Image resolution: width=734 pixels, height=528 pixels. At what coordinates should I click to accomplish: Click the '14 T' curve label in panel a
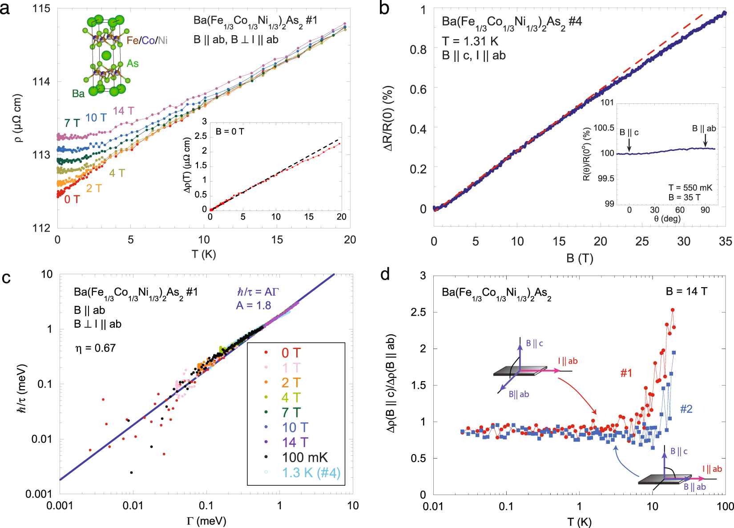(123, 111)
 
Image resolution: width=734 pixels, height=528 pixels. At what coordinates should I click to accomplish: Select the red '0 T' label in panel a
(72, 199)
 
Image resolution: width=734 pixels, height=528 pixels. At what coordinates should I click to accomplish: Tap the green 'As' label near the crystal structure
(133, 64)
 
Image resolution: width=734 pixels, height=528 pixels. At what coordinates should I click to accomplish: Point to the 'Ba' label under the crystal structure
(78, 93)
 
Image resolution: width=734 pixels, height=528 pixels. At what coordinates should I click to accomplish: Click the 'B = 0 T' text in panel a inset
(230, 131)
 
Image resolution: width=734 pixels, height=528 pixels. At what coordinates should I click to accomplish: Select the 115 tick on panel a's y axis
(41, 8)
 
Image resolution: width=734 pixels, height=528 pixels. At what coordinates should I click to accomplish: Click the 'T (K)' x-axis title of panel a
(204, 254)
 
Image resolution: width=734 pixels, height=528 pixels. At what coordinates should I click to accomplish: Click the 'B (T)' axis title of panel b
(580, 258)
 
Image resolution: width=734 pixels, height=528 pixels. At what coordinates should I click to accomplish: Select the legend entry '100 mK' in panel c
(304, 457)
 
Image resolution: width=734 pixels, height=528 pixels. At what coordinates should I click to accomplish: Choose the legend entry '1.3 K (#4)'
(311, 472)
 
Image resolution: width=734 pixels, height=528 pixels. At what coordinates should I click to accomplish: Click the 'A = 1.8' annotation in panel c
(254, 305)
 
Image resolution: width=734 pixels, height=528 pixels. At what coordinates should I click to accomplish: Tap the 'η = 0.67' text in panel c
(96, 348)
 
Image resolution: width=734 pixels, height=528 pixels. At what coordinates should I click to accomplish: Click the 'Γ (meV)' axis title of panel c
(206, 520)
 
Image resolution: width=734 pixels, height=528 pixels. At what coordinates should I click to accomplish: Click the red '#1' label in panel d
(626, 373)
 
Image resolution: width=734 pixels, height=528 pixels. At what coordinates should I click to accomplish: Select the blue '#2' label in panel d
(686, 409)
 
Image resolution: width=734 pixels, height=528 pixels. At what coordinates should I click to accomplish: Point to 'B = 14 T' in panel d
(686, 292)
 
